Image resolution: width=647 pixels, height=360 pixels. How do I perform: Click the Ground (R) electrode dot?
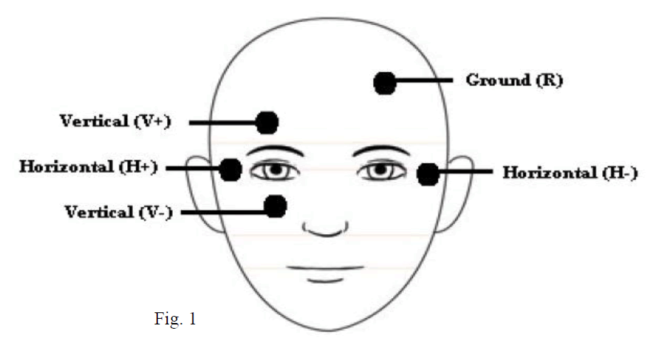tap(385, 83)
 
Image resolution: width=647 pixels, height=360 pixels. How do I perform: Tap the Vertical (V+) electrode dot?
tap(267, 122)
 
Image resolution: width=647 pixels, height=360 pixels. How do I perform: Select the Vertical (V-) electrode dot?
tap(275, 206)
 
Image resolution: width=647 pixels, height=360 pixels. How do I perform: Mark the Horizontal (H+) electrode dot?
tap(230, 169)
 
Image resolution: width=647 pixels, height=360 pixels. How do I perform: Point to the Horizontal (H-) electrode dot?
tap(427, 174)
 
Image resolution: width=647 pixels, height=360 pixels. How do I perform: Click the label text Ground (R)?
tap(514, 80)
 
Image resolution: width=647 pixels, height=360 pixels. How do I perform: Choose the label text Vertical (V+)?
tap(115, 121)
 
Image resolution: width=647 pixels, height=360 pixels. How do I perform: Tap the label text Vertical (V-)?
tap(119, 211)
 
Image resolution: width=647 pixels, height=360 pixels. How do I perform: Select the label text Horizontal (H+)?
tap(88, 167)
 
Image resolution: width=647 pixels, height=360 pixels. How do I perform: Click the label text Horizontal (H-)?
tap(570, 172)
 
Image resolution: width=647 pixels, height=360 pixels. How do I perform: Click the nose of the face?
tap(326, 229)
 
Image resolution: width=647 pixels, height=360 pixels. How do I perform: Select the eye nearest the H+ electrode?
tap(272, 171)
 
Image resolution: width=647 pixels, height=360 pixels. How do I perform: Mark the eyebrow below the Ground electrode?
tap(380, 150)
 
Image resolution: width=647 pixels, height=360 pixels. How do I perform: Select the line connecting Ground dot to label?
tap(424, 81)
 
